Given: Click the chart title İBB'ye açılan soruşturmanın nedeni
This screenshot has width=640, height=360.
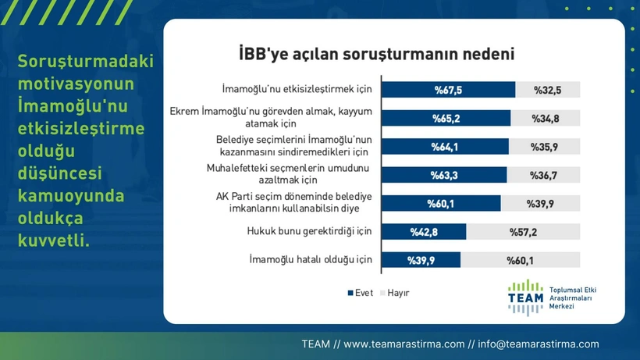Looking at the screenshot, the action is [x=376, y=54].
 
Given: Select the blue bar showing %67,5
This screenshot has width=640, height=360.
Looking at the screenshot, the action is [x=448, y=90].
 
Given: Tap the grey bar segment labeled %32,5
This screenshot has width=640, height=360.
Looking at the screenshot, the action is [x=547, y=90].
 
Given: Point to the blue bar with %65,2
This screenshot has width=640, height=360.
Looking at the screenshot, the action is [x=446, y=119].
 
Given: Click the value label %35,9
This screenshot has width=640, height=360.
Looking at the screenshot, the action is [x=544, y=147].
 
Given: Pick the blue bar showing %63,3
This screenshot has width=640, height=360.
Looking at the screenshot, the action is [x=444, y=175].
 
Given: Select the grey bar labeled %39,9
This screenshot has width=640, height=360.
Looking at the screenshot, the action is [x=540, y=203].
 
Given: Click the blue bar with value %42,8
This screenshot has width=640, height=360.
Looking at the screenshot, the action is [x=424, y=232].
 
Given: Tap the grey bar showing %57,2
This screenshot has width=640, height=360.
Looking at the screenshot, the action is [x=523, y=232].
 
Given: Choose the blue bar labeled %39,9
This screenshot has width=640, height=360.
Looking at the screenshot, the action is [x=421, y=260].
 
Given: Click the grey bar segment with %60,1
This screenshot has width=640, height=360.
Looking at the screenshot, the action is [x=520, y=260].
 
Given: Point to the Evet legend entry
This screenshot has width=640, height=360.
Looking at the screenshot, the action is [x=361, y=293].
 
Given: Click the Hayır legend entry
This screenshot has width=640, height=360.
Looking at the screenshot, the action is [x=395, y=293].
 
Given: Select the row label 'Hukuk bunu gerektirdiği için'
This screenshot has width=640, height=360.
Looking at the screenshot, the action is [x=309, y=231].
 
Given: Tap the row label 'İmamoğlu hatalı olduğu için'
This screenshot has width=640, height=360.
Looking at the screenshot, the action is [x=311, y=259].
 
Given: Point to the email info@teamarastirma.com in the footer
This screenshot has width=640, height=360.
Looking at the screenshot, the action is [x=539, y=344].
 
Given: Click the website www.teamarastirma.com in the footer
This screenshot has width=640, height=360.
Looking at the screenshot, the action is [x=404, y=344].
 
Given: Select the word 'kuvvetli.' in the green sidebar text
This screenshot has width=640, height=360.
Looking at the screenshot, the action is [x=54, y=241].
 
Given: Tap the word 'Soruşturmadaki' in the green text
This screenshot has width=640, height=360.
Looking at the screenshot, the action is [x=86, y=61].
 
